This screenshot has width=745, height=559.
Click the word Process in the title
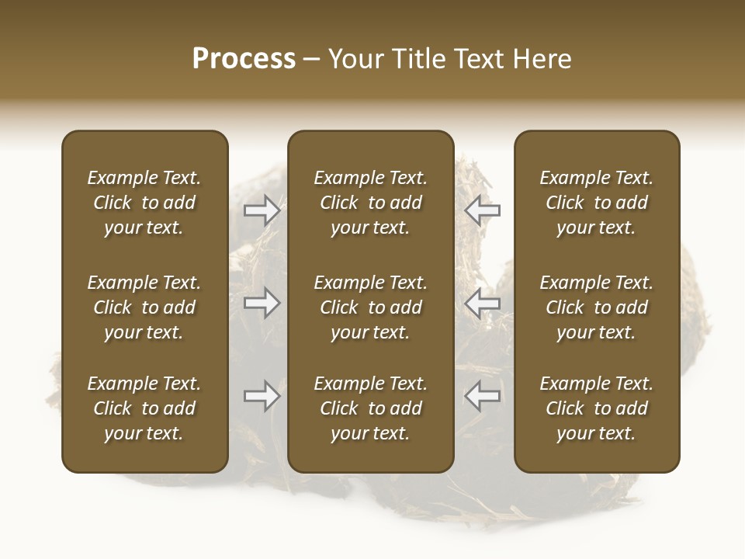[x=244, y=59]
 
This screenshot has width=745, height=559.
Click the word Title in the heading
[x=419, y=59]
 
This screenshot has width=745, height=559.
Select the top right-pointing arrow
[x=262, y=210]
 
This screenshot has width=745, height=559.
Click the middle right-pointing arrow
[x=262, y=303]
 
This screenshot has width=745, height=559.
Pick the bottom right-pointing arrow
[x=262, y=396]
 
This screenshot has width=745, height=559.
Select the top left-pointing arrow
[x=482, y=210]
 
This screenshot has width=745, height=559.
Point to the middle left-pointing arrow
[x=482, y=303]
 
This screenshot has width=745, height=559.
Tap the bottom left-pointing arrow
[x=482, y=396]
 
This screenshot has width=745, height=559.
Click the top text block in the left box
[x=144, y=203]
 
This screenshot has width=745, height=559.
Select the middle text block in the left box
[x=144, y=307]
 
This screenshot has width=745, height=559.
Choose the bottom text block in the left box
[x=144, y=408]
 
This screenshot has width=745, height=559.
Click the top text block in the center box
[x=370, y=203]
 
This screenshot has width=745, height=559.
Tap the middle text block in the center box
[x=370, y=307]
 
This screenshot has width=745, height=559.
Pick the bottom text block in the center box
[x=370, y=408]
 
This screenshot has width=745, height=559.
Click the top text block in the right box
[x=597, y=203]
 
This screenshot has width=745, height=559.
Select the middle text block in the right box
[x=597, y=307]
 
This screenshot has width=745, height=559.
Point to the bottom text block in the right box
[x=597, y=408]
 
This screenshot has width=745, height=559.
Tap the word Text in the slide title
[x=479, y=59]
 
